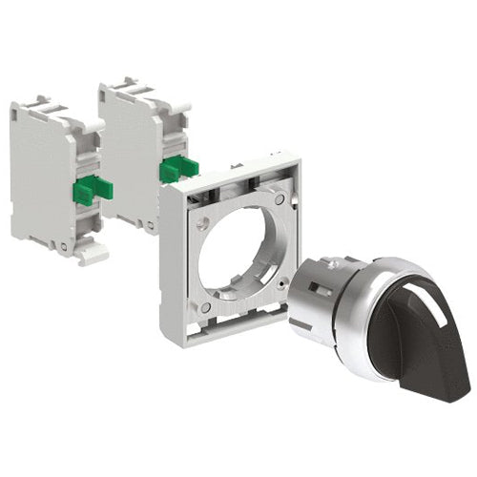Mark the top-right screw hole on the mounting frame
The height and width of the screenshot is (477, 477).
278,199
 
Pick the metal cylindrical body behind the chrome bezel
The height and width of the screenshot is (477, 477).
315,296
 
